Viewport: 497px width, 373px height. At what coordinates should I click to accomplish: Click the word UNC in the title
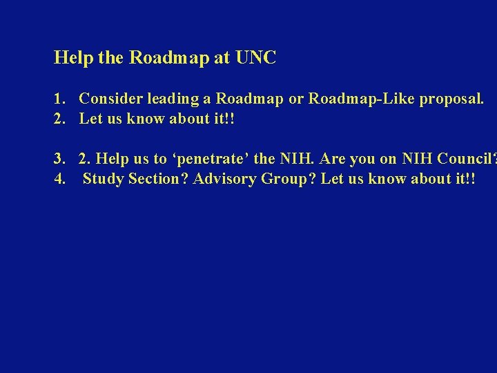coord(255,58)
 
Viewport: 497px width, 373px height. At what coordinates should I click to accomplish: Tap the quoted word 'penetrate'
coord(211,159)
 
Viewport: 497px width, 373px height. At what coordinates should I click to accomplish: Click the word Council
coord(462,159)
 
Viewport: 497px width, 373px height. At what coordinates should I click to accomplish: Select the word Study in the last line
coord(104,179)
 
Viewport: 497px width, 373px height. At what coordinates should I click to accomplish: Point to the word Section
coord(157,179)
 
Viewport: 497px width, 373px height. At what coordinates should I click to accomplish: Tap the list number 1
coord(59,99)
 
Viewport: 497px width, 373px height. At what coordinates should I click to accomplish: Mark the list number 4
coord(59,179)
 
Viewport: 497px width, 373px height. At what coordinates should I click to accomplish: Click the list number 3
coord(59,159)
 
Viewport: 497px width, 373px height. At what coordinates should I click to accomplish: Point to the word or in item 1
coord(295,99)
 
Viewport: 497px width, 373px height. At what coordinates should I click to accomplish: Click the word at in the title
coord(222,58)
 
